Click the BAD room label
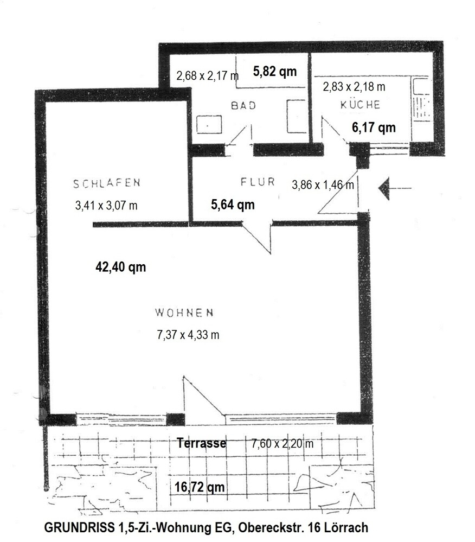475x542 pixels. click(243, 105)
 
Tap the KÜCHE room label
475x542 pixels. click(360, 104)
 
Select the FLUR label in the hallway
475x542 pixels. click(258, 181)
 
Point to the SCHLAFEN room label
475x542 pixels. click(107, 183)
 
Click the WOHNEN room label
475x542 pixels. click(184, 313)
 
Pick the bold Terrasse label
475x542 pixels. click(201, 443)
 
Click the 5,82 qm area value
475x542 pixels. click(275, 71)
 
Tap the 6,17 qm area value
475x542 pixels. click(374, 127)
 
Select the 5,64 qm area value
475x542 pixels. click(233, 205)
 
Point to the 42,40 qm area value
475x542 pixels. click(120, 267)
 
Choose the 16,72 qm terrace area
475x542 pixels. click(200, 487)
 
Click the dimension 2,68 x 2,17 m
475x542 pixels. click(207, 75)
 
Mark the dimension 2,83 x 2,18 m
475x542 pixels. click(354, 86)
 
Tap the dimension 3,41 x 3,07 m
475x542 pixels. click(106, 205)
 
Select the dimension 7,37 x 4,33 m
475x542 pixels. click(188, 335)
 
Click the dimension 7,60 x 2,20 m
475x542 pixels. click(283, 443)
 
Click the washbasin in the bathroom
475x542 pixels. click(209, 125)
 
